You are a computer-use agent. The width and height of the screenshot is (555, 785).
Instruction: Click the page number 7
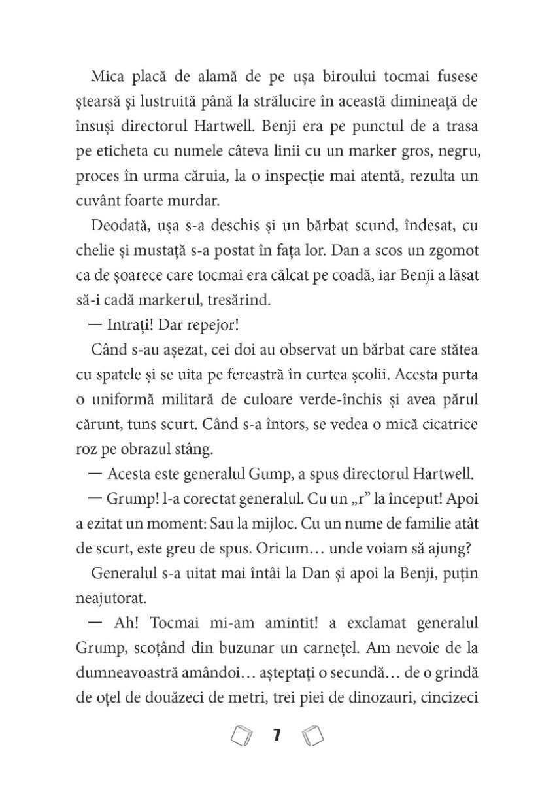coord(277,736)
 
